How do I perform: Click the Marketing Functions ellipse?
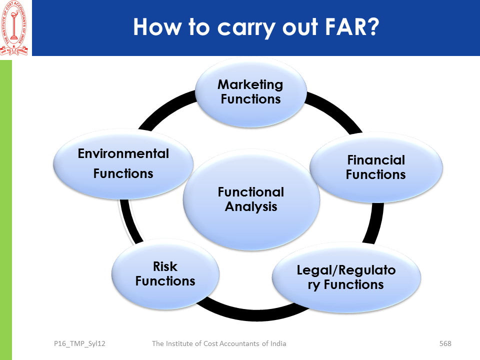[x=250, y=92]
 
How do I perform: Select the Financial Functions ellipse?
[x=376, y=167]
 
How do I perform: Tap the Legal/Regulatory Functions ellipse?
[x=346, y=277]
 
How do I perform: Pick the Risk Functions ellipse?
[x=165, y=274]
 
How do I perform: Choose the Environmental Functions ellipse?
[x=123, y=163]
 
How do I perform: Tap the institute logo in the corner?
[x=15, y=27]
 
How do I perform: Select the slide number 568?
[x=445, y=343]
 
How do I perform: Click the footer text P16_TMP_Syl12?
[x=79, y=343]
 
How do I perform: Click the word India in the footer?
[x=276, y=343]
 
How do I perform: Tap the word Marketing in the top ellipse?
[x=250, y=84]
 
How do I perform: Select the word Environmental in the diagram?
[x=123, y=153]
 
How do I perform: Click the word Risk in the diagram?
[x=165, y=266]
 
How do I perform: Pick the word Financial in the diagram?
[x=376, y=160]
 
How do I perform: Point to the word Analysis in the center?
[x=251, y=206]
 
